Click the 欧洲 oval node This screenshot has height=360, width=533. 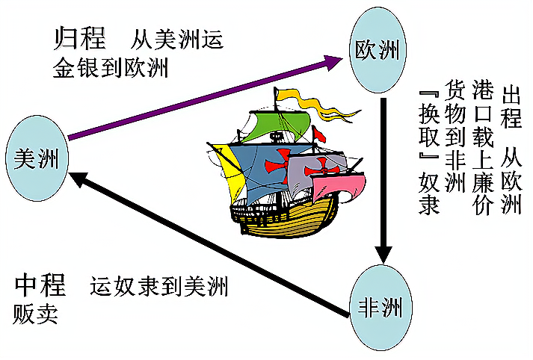(378, 51)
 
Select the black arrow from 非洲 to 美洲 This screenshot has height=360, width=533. (209, 238)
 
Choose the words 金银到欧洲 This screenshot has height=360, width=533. (110, 69)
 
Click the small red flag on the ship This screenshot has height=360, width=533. (319, 134)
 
